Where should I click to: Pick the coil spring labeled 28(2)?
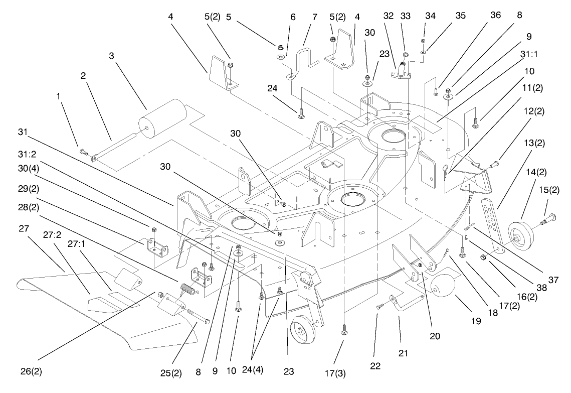pos(187,290)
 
